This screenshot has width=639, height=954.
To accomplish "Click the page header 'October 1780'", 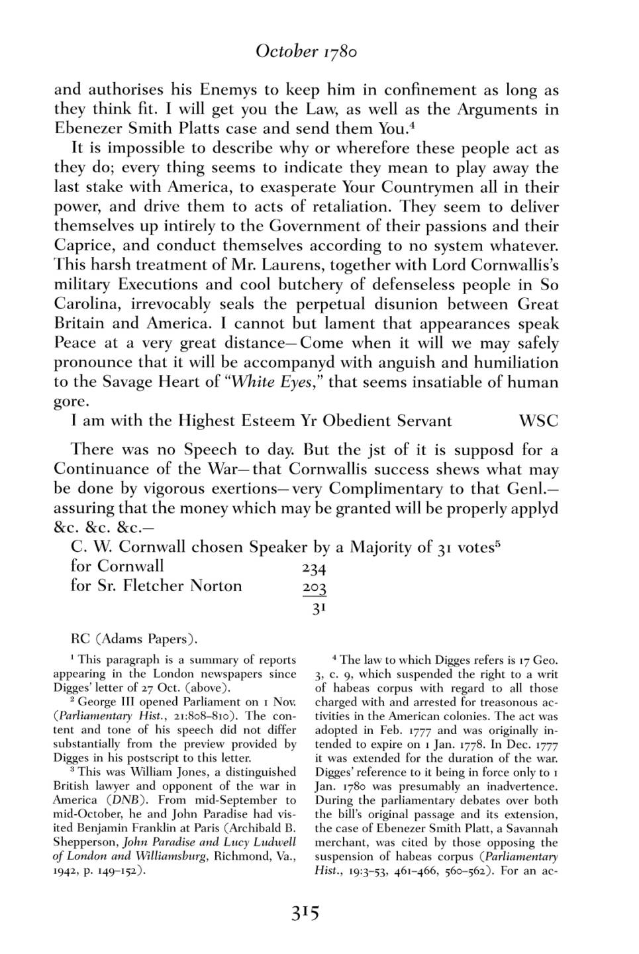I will point(306,52).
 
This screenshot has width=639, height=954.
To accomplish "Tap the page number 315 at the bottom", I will point(305,914).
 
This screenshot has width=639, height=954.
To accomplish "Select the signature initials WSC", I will point(538,421).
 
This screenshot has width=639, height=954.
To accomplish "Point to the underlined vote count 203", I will point(314,588).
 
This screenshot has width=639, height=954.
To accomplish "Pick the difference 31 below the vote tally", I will point(319,607).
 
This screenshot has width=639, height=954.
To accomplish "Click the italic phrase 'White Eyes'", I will point(271,382).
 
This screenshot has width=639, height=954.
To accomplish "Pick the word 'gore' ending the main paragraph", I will point(69,402).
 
